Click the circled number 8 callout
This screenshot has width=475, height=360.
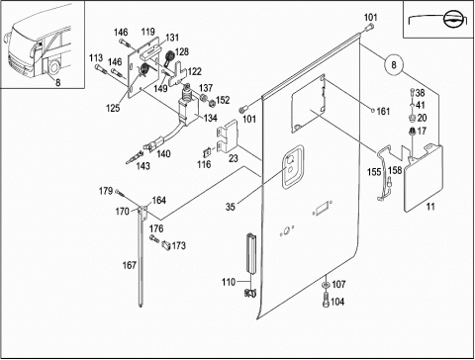pyautogui.click(x=394, y=64)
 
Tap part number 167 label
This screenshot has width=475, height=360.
pyautogui.click(x=129, y=265)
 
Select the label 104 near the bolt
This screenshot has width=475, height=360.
pyautogui.click(x=337, y=302)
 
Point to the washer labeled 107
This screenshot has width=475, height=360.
pyautogui.click(x=326, y=285)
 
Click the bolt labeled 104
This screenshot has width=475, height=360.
pyautogui.click(x=326, y=300)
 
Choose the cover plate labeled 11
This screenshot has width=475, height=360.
pyautogui.click(x=424, y=178)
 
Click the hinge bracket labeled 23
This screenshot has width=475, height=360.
pyautogui.click(x=228, y=136)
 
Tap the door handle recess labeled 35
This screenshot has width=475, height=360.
pyautogui.click(x=292, y=166)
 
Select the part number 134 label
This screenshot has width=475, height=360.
pyautogui.click(x=210, y=118)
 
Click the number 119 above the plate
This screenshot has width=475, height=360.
pyautogui.click(x=148, y=32)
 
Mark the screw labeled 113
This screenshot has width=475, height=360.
pyautogui.click(x=100, y=69)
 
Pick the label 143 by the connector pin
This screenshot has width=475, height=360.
pyautogui.click(x=142, y=166)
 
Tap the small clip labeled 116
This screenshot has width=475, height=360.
pyautogui.click(x=207, y=153)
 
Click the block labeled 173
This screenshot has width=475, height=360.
pyautogui.click(x=166, y=245)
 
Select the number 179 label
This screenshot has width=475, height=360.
pyautogui.click(x=106, y=191)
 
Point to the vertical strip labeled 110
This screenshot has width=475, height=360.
pyautogui.click(x=251, y=253)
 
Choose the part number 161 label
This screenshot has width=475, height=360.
pyautogui.click(x=383, y=112)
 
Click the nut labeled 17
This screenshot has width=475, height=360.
pyautogui.click(x=412, y=132)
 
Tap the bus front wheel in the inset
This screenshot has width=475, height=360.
pyautogui.click(x=53, y=66)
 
